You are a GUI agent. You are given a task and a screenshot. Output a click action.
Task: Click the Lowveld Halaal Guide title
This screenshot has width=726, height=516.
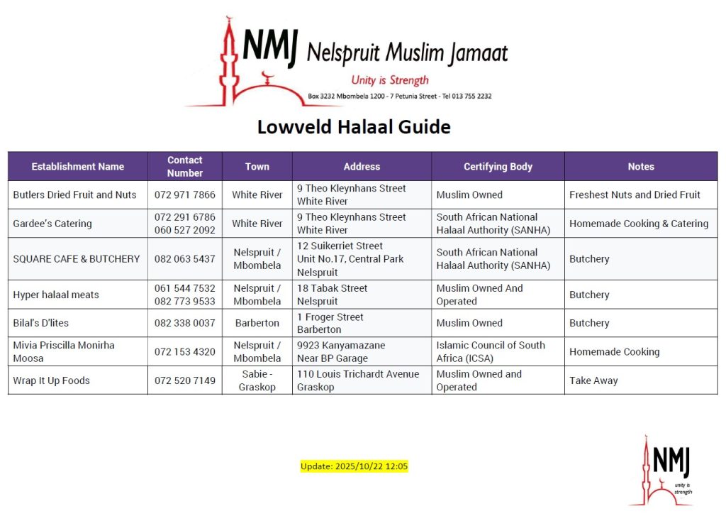click(353, 127)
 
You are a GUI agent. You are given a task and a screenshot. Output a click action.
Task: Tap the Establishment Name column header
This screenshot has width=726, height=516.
click(77, 167)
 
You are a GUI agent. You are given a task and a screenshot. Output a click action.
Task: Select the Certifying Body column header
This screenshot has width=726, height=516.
click(498, 167)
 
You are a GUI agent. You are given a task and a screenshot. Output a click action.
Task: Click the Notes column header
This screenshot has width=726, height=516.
click(640, 167)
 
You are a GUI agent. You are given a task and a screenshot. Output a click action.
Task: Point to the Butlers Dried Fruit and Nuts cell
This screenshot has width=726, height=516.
click(74, 194)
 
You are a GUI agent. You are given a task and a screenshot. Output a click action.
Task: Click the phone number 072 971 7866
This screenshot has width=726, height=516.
click(184, 194)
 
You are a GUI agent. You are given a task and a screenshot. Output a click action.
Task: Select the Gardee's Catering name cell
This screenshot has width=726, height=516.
click(52, 224)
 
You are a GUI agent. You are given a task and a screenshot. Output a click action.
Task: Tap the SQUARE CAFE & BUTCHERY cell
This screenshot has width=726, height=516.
click(77, 259)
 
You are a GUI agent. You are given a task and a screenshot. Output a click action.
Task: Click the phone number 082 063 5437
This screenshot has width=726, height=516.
click(184, 259)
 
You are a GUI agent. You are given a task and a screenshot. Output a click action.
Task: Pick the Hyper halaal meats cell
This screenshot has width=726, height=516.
click(56, 295)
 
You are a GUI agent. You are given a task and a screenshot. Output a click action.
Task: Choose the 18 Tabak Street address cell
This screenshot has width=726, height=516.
click(333, 295)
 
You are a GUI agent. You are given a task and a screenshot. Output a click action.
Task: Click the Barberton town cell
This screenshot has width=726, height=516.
click(257, 323)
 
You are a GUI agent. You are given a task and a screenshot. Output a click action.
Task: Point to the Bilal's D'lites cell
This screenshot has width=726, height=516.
click(41, 323)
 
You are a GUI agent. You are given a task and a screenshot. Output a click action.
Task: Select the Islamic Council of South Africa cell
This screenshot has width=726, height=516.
click(491, 351)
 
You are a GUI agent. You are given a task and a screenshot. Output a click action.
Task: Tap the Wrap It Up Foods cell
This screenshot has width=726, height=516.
click(51, 380)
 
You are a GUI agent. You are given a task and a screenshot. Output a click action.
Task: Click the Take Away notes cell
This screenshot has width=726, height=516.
click(593, 380)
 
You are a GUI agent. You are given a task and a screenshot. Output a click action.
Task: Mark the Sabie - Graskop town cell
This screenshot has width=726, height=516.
click(257, 380)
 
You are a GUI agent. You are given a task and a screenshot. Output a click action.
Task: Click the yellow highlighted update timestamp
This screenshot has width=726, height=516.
click(354, 466)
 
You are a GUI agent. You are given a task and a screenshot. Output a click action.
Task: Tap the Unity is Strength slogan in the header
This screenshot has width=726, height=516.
click(390, 80)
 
